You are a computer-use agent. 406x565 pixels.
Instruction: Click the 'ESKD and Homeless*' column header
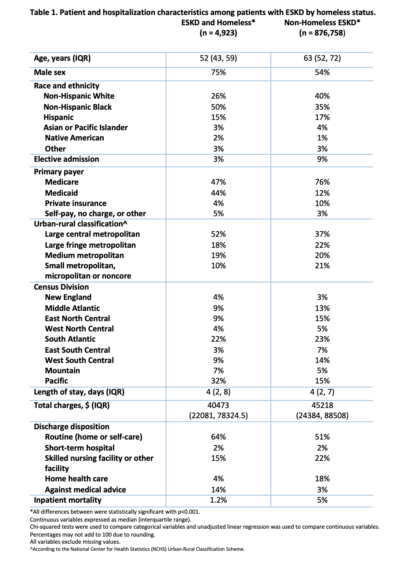point(218,22)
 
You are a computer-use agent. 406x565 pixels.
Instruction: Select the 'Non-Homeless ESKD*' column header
point(322,22)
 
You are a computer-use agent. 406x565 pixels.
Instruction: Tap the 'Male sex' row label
point(50,72)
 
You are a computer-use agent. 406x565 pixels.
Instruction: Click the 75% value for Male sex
point(218,72)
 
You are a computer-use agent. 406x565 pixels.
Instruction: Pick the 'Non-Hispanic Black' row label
point(78,107)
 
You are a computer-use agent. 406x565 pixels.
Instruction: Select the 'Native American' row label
point(74,138)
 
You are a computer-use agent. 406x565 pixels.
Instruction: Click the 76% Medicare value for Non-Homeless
point(322,182)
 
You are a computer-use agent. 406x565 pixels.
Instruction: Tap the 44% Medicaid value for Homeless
point(218,193)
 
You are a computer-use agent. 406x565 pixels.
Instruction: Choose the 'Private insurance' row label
point(76,203)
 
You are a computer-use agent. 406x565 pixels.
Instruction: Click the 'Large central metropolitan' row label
point(92,234)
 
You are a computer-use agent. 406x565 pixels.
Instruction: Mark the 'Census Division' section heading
point(61,287)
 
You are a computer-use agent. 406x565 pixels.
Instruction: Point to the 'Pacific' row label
point(56,381)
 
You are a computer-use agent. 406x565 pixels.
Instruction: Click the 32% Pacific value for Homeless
point(218,381)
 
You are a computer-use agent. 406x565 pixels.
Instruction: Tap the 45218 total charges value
point(322,405)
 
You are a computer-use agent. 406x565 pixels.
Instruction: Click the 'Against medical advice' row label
point(86,490)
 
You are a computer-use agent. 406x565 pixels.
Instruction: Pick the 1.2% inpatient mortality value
point(218,500)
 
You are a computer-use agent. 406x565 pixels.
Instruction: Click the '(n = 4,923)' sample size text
point(218,33)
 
